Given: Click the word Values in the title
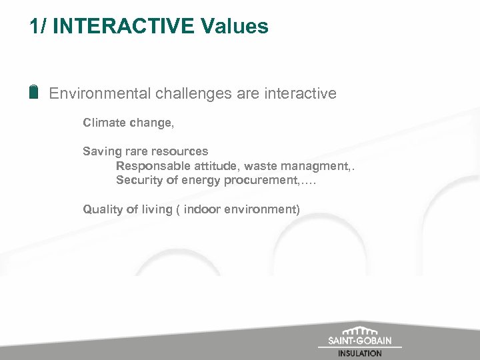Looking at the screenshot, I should coord(234,27).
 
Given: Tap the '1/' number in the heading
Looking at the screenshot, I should coord(38,27).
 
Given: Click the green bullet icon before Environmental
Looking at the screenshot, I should coord(34,93).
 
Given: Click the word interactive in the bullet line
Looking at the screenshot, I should coord(299,93).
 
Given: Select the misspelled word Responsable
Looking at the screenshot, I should coord(149,166).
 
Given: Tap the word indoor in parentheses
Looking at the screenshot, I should coord(204,209).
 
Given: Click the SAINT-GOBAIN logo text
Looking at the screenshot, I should coord(360,341).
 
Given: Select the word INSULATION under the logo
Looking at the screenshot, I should coord(360,353).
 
